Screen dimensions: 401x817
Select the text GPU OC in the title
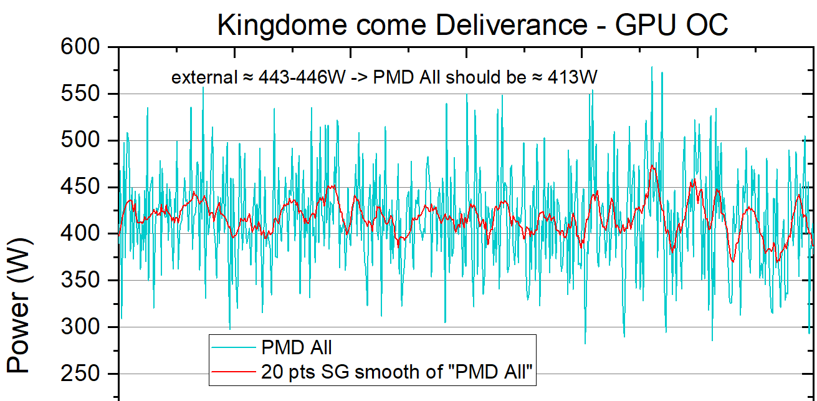[671, 26]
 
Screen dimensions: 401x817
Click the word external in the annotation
[198, 78]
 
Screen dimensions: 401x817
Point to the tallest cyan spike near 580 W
[652, 67]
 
